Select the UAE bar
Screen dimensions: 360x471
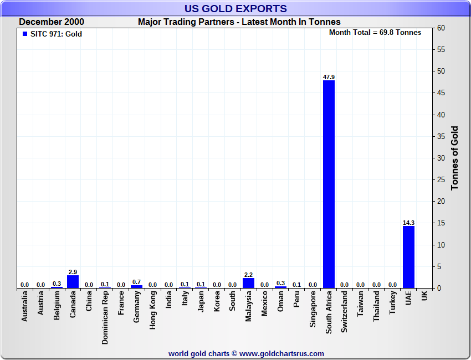(x=408, y=257)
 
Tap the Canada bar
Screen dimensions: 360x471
(x=73, y=281)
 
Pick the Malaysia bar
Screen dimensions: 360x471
(x=249, y=283)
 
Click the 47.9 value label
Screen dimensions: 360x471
(x=329, y=77)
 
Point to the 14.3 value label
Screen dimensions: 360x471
(x=408, y=223)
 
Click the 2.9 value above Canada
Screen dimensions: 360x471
(x=73, y=272)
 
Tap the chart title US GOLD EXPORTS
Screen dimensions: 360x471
(x=235, y=8)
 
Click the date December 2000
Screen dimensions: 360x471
(x=52, y=22)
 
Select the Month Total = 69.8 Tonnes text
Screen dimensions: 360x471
(x=375, y=33)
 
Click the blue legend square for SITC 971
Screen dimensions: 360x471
(x=24, y=34)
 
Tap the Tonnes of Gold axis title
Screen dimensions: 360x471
(x=455, y=158)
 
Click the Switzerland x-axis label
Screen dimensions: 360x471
(x=345, y=312)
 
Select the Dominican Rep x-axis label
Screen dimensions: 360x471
(x=105, y=318)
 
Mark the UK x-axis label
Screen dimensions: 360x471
(x=424, y=296)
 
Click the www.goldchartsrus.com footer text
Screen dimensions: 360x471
(x=282, y=353)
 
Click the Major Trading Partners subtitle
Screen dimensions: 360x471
(x=239, y=22)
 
